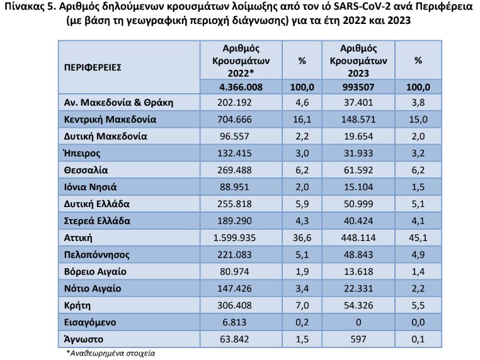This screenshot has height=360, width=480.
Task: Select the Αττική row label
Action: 79,238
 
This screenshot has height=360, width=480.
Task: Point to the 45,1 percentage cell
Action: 418,238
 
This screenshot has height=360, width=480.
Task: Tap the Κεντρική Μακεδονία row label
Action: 110,118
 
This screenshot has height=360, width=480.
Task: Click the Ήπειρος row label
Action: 82,152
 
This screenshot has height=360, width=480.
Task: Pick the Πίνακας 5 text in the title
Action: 26,9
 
